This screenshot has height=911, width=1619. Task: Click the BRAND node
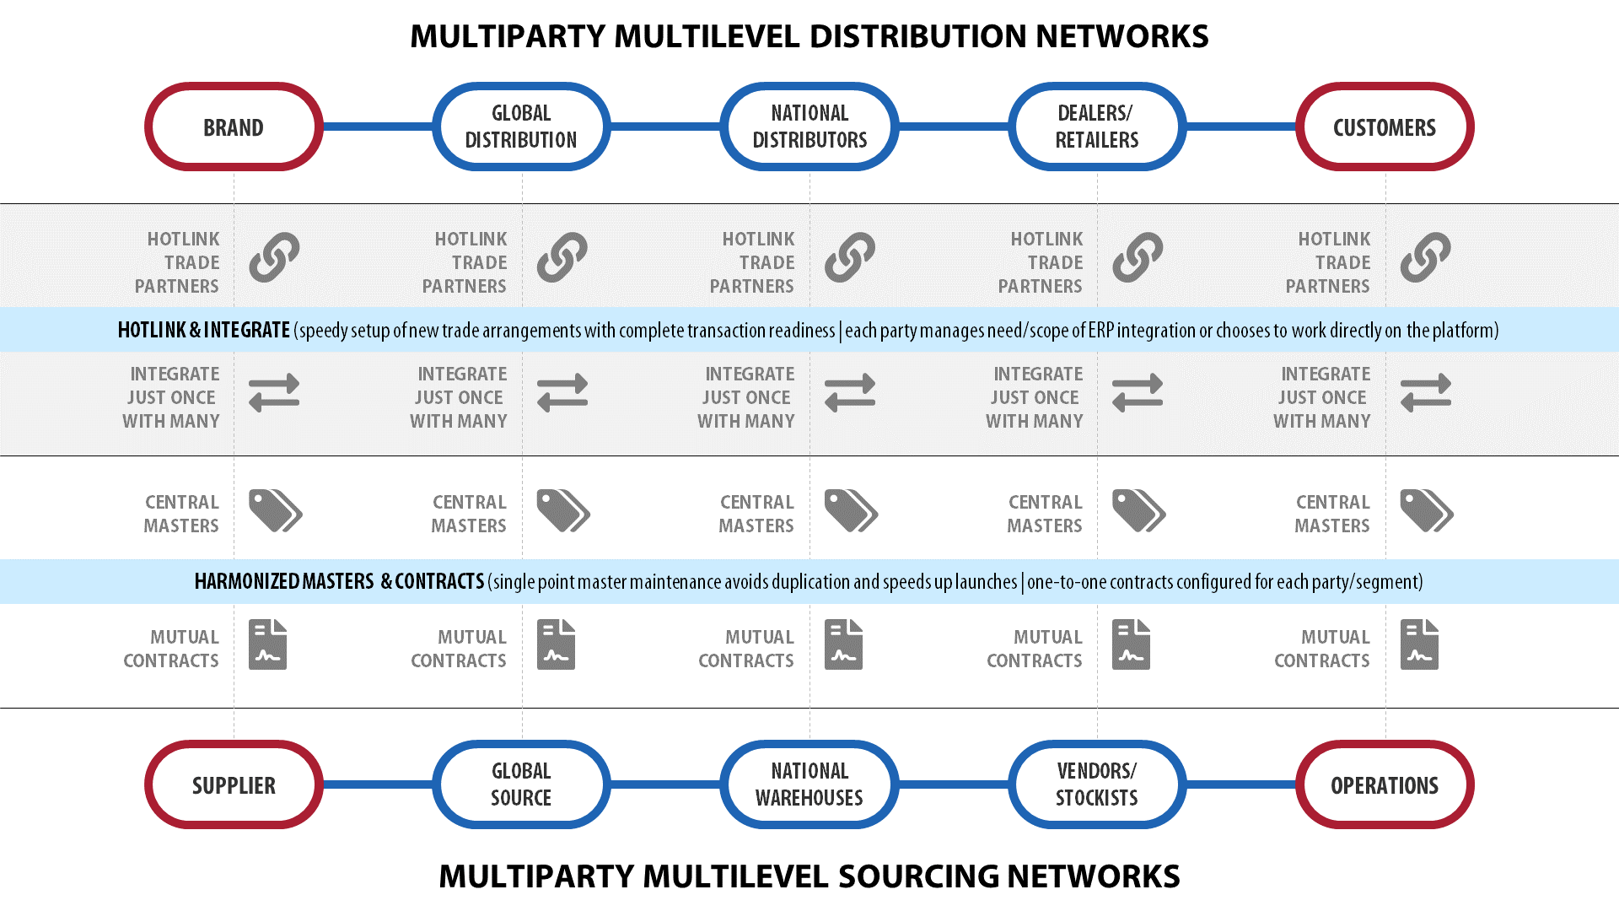tap(234, 127)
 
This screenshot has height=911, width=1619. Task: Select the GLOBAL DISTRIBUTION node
tap(521, 127)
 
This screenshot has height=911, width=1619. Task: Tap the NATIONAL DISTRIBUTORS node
tap(809, 127)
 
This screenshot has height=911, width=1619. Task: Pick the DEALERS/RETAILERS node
tap(1097, 127)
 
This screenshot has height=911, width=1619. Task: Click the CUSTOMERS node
tap(1385, 127)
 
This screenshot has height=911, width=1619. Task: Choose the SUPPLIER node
tap(234, 784)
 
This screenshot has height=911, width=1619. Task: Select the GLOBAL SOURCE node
tap(521, 784)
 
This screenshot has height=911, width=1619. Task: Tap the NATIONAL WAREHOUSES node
tap(809, 784)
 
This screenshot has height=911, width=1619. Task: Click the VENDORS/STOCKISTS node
tap(1097, 784)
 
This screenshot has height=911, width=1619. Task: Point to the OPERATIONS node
tap(1385, 784)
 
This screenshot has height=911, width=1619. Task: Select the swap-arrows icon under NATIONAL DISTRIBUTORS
tap(850, 392)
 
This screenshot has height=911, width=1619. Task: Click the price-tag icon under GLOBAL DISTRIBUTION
tap(563, 510)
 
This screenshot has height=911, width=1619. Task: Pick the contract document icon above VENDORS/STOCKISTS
tap(1131, 644)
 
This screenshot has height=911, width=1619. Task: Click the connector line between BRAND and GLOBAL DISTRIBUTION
tap(378, 127)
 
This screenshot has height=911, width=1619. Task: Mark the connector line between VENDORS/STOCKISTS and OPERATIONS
tap(1241, 784)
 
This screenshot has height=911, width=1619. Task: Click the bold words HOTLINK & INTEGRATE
tap(204, 330)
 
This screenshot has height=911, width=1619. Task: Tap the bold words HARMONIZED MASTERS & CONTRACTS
tap(339, 581)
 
